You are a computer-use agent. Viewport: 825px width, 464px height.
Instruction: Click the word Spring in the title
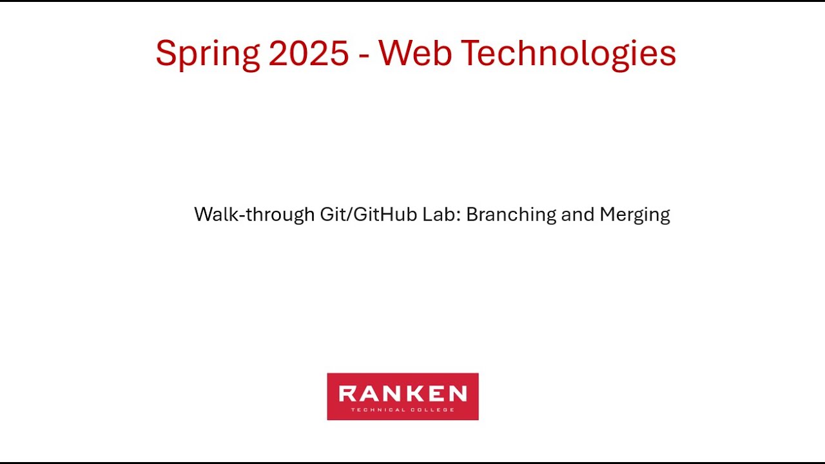(x=207, y=54)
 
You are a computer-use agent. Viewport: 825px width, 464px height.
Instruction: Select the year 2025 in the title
(x=309, y=53)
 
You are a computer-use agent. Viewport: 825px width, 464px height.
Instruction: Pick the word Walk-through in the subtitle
(x=255, y=215)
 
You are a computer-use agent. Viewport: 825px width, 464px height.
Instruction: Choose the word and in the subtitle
(x=577, y=214)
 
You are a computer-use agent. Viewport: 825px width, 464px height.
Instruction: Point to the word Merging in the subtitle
(x=635, y=215)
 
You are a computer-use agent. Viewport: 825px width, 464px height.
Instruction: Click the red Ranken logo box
(x=403, y=396)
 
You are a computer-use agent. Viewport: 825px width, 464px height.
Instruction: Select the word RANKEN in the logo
(x=403, y=393)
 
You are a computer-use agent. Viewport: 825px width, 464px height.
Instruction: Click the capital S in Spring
(x=166, y=53)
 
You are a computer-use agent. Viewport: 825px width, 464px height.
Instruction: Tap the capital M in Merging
(x=607, y=214)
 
